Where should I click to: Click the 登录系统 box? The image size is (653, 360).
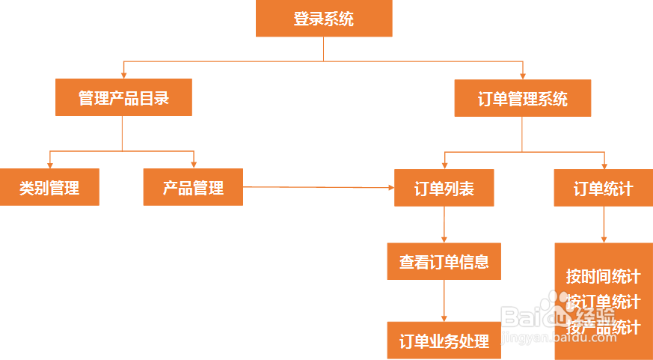pos(324,19)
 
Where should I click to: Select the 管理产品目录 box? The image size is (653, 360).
pos(123,97)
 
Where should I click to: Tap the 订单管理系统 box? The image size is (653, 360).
pos(522,98)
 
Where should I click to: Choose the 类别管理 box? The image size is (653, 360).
pos(49,187)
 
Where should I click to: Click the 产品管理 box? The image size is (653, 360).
pos(193,187)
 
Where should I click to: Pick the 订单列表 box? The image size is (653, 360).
pos(444,188)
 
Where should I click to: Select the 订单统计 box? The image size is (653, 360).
pos(603,188)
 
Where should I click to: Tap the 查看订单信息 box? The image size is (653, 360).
pos(444,261)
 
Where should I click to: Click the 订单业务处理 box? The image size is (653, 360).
pos(444,341)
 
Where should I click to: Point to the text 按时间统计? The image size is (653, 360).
pos(603,276)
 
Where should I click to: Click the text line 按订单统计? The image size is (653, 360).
pos(603,302)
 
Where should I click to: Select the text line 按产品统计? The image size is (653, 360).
pos(603,327)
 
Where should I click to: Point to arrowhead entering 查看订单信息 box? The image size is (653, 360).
pos(444,240)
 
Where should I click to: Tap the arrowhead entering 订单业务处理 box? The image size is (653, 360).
pos(444,318)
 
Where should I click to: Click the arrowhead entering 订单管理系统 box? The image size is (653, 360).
pos(523,76)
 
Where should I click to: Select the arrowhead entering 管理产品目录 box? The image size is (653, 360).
pos(123,75)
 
